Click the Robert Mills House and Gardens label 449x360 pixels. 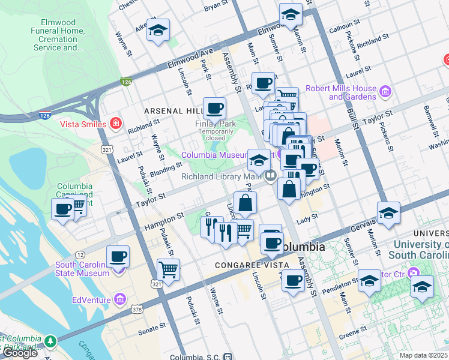[x=340, y=92]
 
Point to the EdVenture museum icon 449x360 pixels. [x=120, y=299]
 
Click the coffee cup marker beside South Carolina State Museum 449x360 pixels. [x=118, y=256]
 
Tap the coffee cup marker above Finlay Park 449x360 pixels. [x=214, y=108]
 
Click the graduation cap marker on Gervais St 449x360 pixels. [x=388, y=213]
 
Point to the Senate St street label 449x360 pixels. [x=152, y=328]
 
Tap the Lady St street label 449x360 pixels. [x=306, y=220]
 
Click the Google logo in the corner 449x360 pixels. [x=20, y=353]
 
